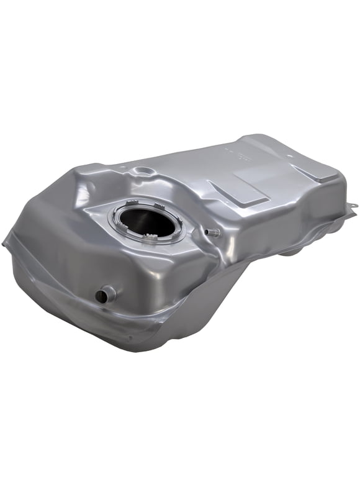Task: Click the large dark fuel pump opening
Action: (x=152, y=221)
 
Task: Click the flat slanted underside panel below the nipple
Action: (x=205, y=292)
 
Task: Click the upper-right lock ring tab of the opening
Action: (x=166, y=205)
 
